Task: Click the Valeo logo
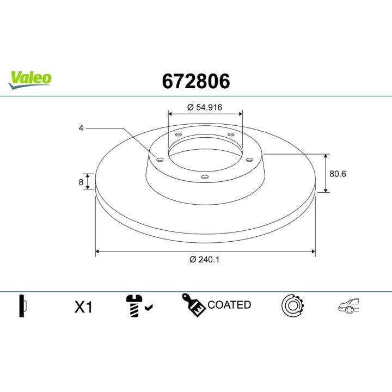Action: pyautogui.click(x=30, y=78)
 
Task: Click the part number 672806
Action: pyautogui.click(x=196, y=81)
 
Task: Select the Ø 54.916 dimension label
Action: pyautogui.click(x=205, y=107)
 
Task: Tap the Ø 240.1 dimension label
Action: pyautogui.click(x=205, y=260)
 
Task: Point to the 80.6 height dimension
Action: pyautogui.click(x=338, y=174)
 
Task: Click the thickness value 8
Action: pyautogui.click(x=81, y=182)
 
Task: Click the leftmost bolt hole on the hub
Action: pyautogui.click(x=160, y=159)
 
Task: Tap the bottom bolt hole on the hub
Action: pyautogui.click(x=204, y=176)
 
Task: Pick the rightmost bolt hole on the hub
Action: pyautogui.click(x=249, y=159)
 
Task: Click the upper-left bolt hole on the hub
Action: pyautogui.click(x=178, y=134)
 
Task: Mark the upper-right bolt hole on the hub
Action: pyautogui.click(x=230, y=134)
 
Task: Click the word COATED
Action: pyautogui.click(x=229, y=305)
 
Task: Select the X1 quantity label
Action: pyautogui.click(x=83, y=308)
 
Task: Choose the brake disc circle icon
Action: pyautogui.click(x=292, y=306)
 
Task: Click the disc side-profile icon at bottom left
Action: pyautogui.click(x=22, y=306)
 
